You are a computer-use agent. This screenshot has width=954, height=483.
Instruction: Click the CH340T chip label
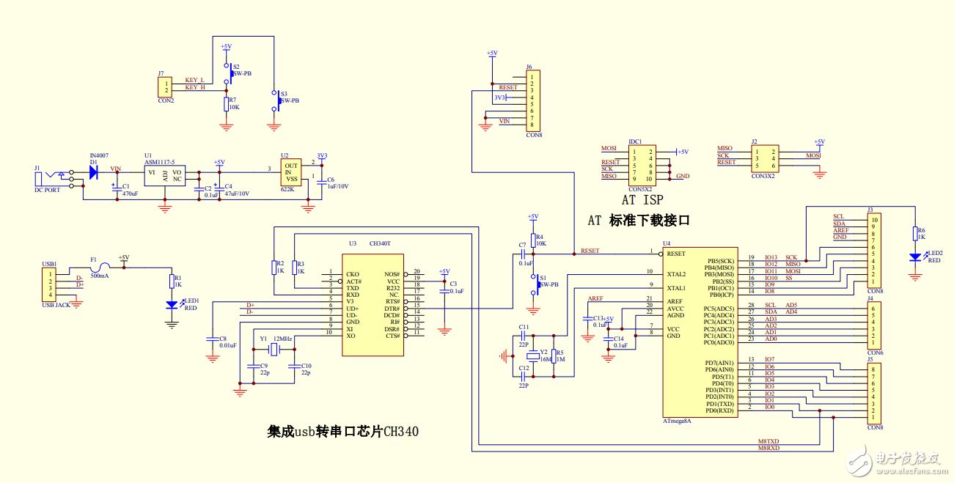(380, 243)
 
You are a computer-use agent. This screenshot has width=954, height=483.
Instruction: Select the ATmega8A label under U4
(678, 421)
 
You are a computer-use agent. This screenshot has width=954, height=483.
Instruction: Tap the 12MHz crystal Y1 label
(282, 339)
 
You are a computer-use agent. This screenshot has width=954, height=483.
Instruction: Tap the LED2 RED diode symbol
(914, 257)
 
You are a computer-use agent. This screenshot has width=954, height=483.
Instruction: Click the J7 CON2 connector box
(166, 87)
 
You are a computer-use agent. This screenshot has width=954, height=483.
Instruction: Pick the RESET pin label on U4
(676, 254)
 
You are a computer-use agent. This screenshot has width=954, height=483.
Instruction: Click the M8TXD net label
(768, 442)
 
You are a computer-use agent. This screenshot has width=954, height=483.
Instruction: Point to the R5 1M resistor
(554, 357)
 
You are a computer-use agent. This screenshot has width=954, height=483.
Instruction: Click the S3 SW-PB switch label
(289, 100)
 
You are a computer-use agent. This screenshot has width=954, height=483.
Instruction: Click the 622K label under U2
(287, 190)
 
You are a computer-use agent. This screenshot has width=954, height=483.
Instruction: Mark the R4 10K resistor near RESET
(533, 240)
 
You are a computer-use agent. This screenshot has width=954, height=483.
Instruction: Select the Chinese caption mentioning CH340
(343, 431)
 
